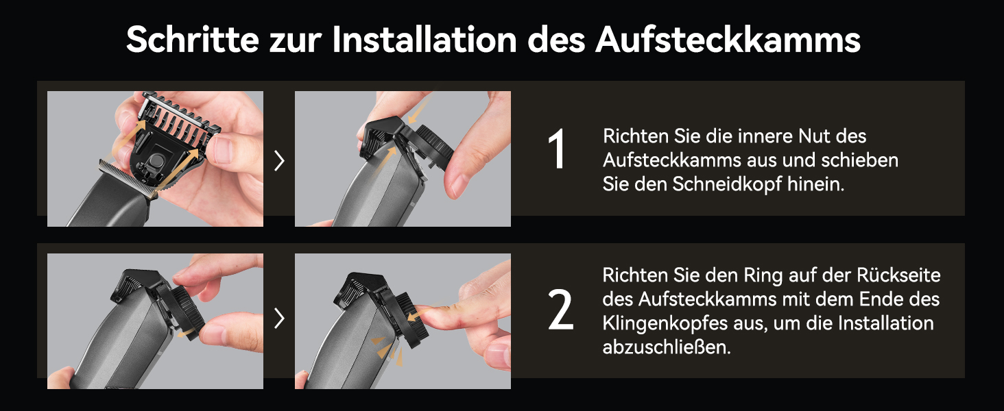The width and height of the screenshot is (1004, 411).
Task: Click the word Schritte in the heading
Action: [x=193, y=40]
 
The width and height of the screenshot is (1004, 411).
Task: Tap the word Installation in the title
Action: [x=425, y=40]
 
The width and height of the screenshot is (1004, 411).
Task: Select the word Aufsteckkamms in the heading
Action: [x=728, y=40]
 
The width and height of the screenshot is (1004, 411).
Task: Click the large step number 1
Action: [x=557, y=149]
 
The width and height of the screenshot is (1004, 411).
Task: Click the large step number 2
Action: [x=560, y=310]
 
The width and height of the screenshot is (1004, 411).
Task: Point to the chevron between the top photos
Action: [x=279, y=161]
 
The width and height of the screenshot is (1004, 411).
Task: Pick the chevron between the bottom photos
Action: [x=279, y=319]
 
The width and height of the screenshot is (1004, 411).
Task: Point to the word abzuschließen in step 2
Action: [x=667, y=347]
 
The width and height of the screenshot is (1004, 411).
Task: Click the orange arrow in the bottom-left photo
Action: [x=187, y=333]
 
